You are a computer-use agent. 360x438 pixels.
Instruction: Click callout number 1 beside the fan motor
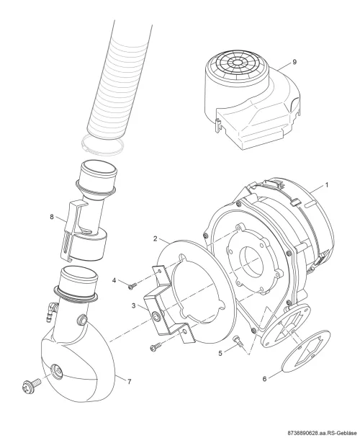click(x=326, y=185)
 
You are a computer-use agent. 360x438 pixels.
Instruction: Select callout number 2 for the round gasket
click(x=156, y=239)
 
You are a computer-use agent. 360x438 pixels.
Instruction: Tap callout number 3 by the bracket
click(x=134, y=306)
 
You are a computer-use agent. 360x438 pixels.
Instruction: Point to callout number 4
click(x=114, y=280)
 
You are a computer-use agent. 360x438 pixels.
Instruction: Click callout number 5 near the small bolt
click(x=220, y=354)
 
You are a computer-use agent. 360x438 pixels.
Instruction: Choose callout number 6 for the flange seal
click(x=264, y=379)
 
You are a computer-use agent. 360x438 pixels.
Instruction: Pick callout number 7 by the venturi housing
click(x=129, y=382)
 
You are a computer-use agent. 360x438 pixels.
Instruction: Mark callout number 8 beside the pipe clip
click(x=52, y=217)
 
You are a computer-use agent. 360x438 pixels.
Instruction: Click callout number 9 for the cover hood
click(x=294, y=62)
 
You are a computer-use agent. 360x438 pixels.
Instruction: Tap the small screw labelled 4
click(x=132, y=286)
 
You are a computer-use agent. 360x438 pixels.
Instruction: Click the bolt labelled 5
click(x=237, y=340)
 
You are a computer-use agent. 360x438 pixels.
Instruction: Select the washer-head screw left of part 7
click(x=31, y=384)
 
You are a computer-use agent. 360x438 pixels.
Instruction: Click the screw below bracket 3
click(x=156, y=347)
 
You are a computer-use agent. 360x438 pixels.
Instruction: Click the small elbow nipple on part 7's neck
click(x=52, y=311)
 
